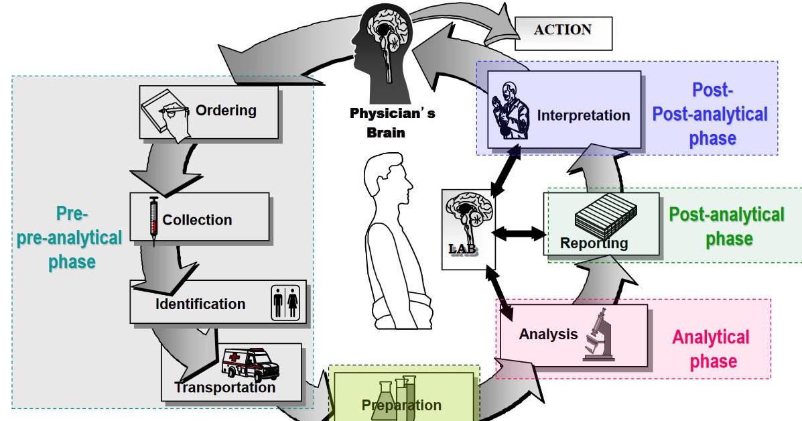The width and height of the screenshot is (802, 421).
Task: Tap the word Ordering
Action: coord(226,110)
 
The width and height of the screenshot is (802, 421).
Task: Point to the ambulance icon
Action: coord(249,365)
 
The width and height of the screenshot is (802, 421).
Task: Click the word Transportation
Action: coord(224,388)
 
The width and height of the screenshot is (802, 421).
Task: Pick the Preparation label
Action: coord(401,406)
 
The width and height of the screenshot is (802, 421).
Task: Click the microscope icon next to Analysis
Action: coord(598,335)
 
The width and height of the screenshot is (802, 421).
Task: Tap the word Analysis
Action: coord(548,334)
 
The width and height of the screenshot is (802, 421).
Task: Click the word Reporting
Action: coord(594,243)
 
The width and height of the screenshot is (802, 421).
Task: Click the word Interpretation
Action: coord(583,115)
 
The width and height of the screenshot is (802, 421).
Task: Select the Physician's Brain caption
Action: coord(392,122)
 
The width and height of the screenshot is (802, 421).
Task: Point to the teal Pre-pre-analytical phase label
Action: coord(70,237)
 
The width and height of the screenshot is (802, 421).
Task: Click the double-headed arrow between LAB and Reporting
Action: coord(519,233)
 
